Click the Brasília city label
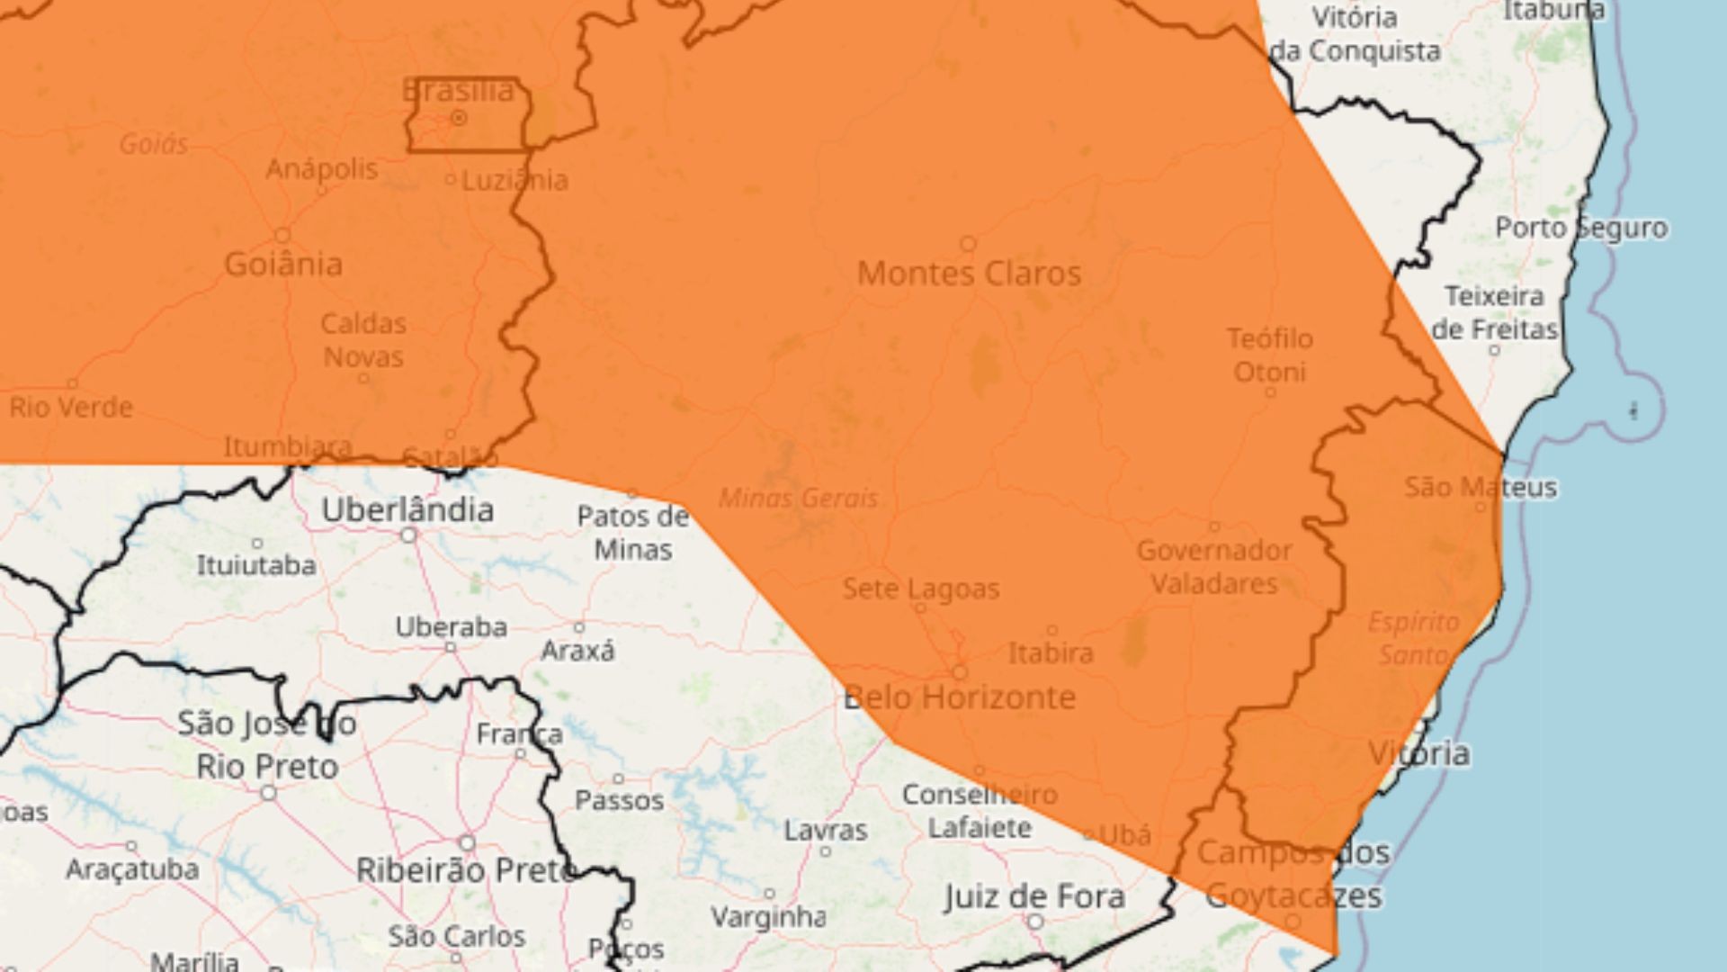pyautogui.click(x=458, y=90)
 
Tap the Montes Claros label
pyautogui.click(x=969, y=273)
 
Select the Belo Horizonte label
pyautogui.click(x=959, y=697)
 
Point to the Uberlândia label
pyautogui.click(x=407, y=510)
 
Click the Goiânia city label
pyautogui.click(x=282, y=265)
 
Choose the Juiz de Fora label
pyautogui.click(x=1034, y=896)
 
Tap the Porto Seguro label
pyautogui.click(x=1580, y=228)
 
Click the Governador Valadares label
pyautogui.click(x=1214, y=567)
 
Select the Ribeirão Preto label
pyautogui.click(x=466, y=870)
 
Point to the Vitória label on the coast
pyautogui.click(x=1418, y=752)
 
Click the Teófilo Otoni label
pyautogui.click(x=1269, y=355)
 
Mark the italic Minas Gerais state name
pyautogui.click(x=798, y=498)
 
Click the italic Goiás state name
pyautogui.click(x=154, y=144)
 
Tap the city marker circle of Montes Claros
pyautogui.click(x=968, y=244)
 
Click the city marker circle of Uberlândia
pyautogui.click(x=409, y=535)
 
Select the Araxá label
pyautogui.click(x=577, y=651)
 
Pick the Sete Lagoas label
pyautogui.click(x=920, y=589)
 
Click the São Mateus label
pyautogui.click(x=1480, y=488)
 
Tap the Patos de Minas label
pyautogui.click(x=632, y=533)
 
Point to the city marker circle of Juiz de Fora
pyautogui.click(x=1035, y=922)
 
